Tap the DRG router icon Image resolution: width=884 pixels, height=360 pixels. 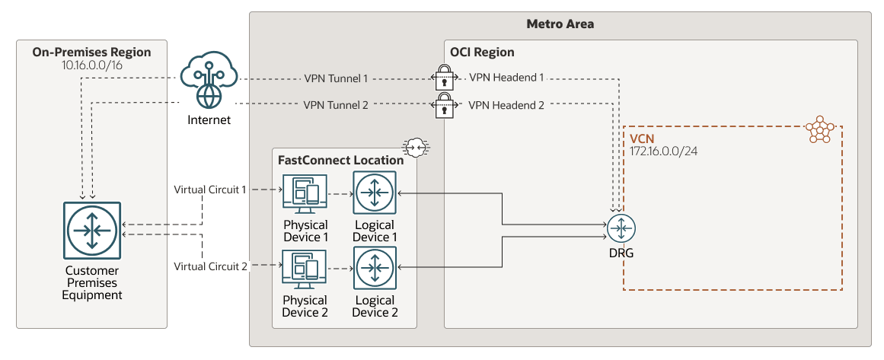(621, 228)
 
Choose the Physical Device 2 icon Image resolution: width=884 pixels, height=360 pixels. (305, 270)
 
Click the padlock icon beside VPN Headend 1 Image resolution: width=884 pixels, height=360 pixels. (444, 78)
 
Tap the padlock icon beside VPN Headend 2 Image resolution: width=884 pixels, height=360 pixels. (444, 107)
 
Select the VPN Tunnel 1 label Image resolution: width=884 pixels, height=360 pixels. (336, 78)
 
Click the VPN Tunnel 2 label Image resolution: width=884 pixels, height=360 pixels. (336, 105)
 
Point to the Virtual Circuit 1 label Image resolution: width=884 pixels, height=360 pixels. (210, 189)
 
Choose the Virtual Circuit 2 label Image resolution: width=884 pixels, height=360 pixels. (210, 266)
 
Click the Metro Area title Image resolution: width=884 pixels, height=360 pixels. (560, 24)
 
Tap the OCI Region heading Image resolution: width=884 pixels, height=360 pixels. (483, 53)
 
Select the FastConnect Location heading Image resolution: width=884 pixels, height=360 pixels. (340, 161)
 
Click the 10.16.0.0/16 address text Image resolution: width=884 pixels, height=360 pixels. (91, 65)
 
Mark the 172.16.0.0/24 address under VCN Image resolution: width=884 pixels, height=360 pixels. (664, 151)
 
